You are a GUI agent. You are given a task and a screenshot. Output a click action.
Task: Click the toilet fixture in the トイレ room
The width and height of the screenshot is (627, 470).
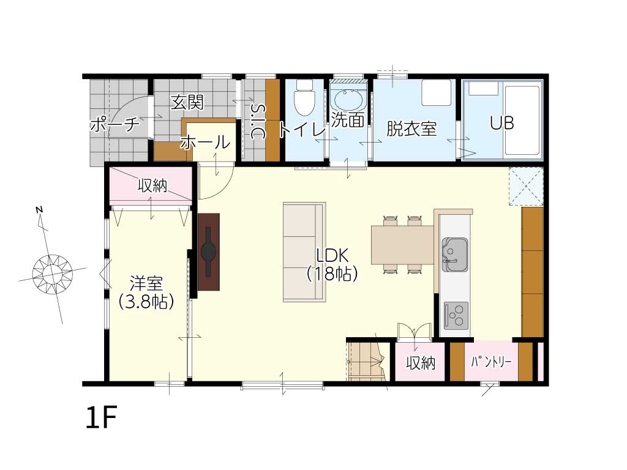point(304,97)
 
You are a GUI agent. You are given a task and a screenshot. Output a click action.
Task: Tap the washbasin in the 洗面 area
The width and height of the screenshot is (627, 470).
point(348,100)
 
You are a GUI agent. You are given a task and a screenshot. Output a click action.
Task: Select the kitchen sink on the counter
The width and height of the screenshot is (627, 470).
point(455,255)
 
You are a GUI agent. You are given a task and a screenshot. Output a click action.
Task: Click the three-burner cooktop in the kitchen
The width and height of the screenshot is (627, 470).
point(456,315)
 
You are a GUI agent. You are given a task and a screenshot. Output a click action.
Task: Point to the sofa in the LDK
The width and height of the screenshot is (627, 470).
point(304,252)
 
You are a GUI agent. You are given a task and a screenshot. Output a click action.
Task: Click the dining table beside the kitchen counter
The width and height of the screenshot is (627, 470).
point(402,245)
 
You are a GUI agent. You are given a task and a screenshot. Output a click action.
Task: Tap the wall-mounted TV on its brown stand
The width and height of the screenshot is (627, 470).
point(208,252)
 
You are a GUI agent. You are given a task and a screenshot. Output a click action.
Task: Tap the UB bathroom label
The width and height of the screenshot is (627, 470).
point(502,123)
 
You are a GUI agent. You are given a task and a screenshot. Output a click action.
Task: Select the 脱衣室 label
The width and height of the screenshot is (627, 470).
point(411,129)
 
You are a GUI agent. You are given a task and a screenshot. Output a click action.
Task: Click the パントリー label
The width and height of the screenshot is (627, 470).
point(491,362)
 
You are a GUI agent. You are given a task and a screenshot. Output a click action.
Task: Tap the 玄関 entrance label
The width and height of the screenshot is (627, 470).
point(187,102)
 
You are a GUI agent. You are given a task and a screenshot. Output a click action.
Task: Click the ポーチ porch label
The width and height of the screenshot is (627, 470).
point(115,125)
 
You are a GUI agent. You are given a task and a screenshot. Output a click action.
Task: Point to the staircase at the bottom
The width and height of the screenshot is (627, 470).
point(367,361)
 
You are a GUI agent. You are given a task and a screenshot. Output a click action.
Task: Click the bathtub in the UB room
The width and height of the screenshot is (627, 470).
point(522,120)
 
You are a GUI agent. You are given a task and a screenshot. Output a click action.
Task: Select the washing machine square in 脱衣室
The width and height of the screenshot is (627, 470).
point(437,93)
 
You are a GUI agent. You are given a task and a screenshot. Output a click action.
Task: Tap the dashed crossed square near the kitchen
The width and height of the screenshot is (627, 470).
point(526,187)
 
